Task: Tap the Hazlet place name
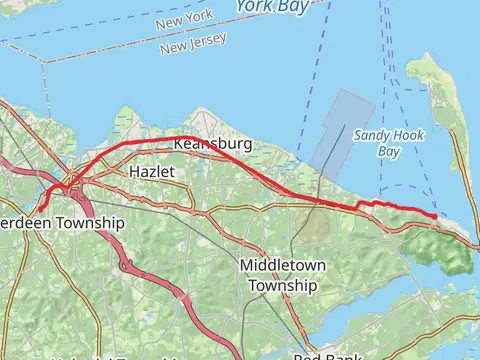pos(152,172)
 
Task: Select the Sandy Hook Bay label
pos(377,143)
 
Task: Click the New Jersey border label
pos(193,45)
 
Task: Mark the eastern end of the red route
pos(436,215)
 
